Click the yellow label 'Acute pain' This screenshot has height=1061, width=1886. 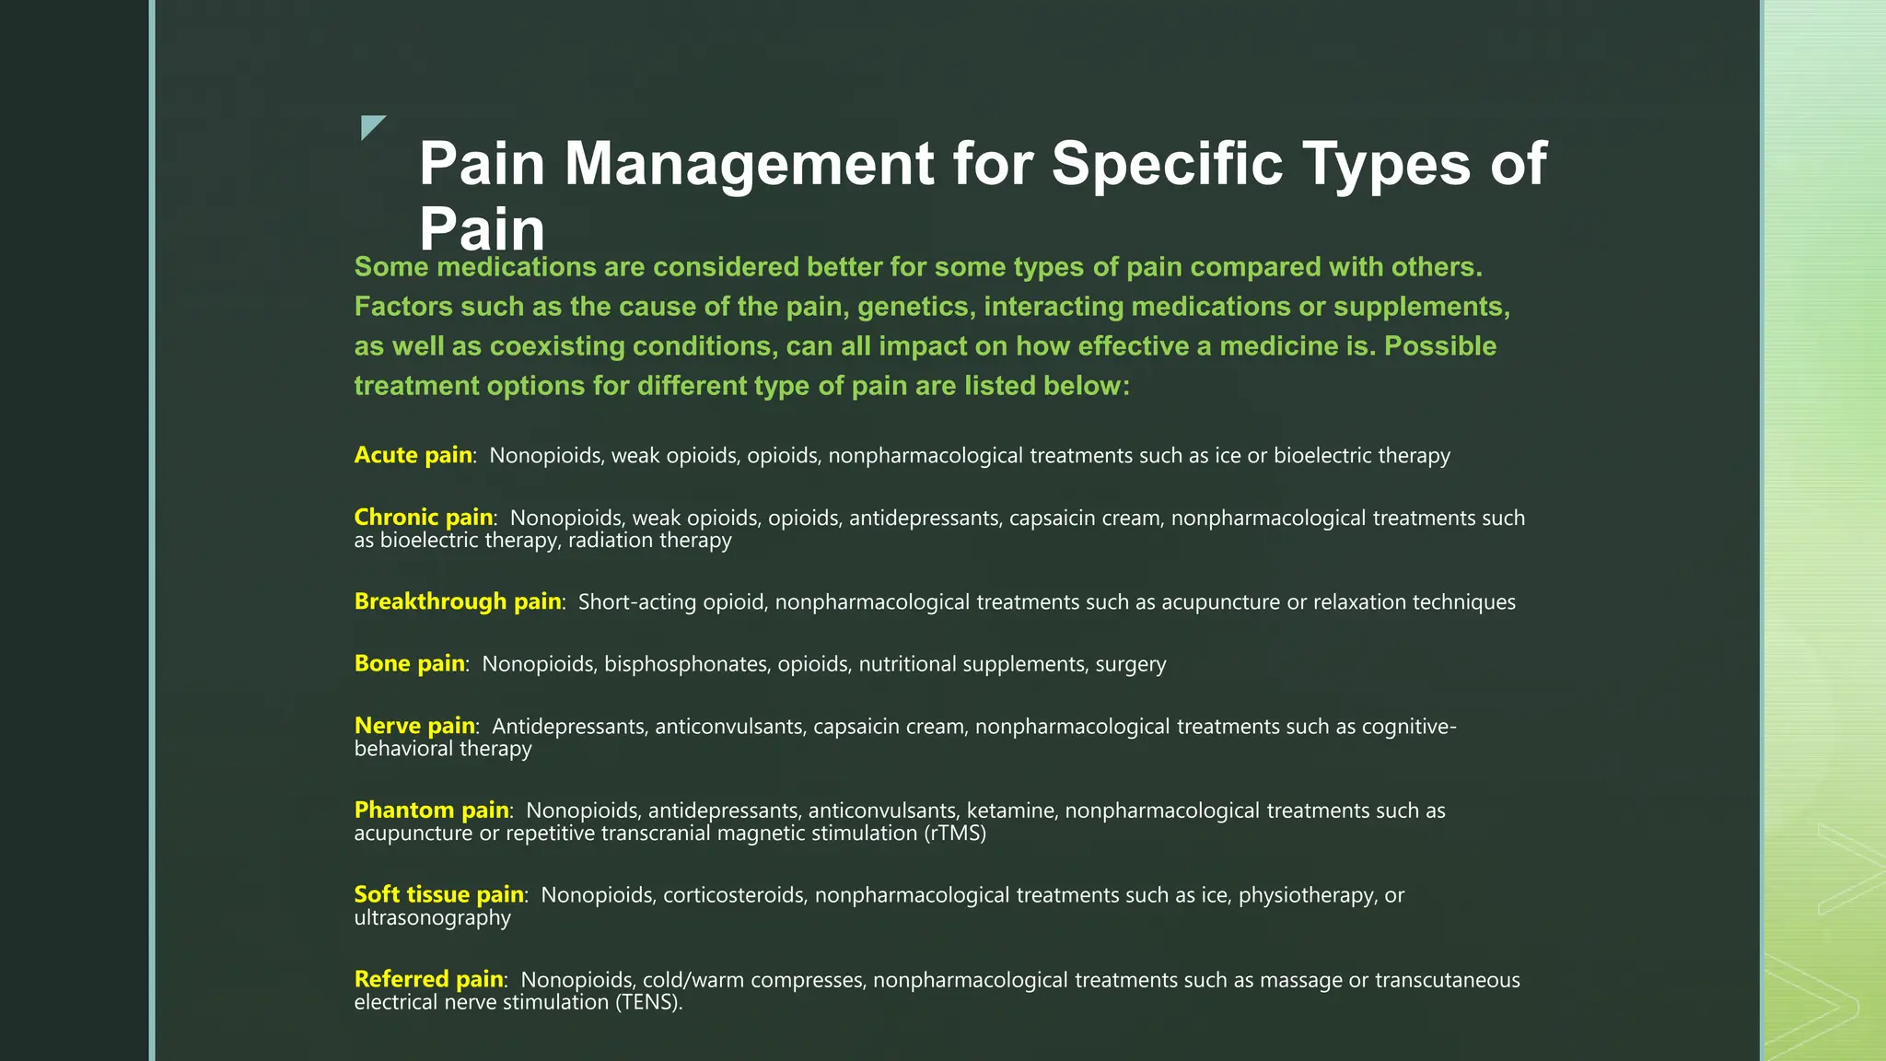[413, 455]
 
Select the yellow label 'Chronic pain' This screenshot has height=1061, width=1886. [424, 518]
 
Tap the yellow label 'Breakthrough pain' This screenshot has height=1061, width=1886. [458, 601]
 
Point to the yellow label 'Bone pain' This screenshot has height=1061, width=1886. [409, 663]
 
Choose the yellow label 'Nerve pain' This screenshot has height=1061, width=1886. [414, 726]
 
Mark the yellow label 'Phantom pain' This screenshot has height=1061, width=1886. [431, 810]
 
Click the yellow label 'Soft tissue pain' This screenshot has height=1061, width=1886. [438, 894]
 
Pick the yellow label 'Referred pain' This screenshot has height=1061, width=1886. [428, 979]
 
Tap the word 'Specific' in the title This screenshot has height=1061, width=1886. [1167, 164]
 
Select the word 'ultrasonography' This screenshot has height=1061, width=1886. [432, 918]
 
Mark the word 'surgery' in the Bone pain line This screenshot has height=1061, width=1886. [1130, 664]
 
